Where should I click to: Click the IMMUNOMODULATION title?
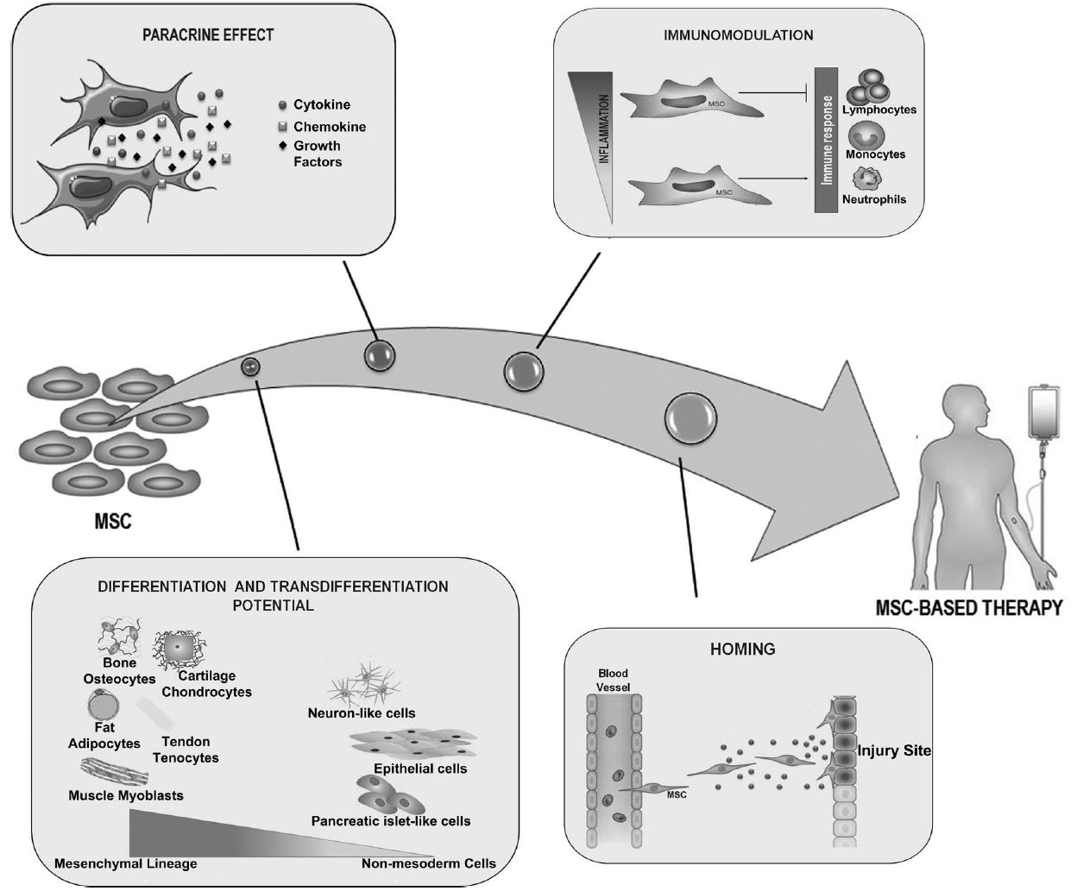(738, 36)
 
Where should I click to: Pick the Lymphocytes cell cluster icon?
(868, 85)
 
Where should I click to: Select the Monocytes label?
(875, 154)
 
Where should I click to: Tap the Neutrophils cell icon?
(866, 179)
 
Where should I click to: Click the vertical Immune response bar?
(826, 140)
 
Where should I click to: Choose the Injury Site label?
(893, 750)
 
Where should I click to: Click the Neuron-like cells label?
(362, 713)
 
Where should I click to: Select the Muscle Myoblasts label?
(126, 795)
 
